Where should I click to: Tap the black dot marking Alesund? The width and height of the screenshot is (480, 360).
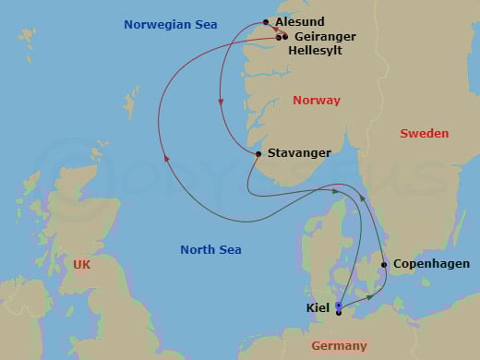point(266,22)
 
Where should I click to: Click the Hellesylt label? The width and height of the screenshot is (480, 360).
point(315,51)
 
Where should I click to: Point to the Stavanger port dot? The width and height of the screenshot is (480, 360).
point(258,153)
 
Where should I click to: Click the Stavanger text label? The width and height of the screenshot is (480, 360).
point(299,153)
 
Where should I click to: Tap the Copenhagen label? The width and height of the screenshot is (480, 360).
point(431,264)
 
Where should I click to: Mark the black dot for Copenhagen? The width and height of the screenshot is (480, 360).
point(384,265)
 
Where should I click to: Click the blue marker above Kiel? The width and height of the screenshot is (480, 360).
point(339,305)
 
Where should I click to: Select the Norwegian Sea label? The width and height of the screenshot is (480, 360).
point(171,25)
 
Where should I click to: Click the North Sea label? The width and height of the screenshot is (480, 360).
point(210,250)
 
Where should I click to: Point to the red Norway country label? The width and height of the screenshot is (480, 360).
point(316,101)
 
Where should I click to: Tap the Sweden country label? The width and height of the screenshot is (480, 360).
point(424,134)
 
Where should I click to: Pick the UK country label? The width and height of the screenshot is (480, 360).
point(82,265)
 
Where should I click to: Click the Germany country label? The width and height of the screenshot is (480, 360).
point(339,346)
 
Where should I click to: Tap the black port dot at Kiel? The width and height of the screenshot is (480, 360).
point(339,313)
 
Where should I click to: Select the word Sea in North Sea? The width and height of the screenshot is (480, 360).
point(229,250)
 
